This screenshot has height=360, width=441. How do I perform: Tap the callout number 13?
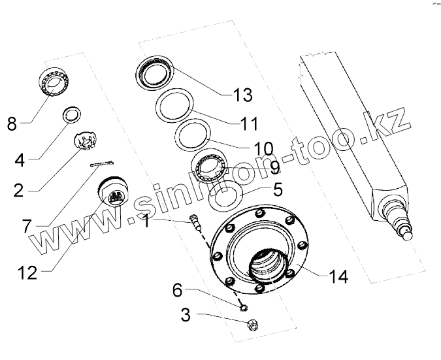242,95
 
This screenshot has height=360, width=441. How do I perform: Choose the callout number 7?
26,226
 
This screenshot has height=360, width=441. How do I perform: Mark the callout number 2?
18,191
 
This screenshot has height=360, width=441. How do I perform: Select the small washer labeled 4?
72,115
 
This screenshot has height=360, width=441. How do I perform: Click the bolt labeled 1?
196,221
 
